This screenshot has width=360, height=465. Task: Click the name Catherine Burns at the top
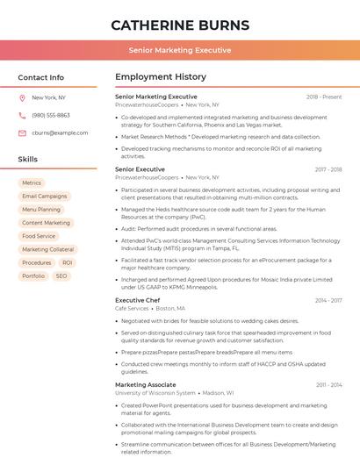tap(180, 25)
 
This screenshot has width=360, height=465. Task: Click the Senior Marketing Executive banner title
tap(180, 50)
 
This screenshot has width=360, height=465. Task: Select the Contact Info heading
tap(41, 77)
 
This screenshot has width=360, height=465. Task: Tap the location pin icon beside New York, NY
tap(22, 98)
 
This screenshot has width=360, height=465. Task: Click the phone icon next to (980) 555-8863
tap(22, 116)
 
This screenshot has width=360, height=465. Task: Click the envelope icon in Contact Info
tap(22, 133)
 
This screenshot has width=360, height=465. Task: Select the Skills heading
tap(28, 160)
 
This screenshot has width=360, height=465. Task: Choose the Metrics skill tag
tap(32, 183)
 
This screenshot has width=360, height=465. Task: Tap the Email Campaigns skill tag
tap(45, 197)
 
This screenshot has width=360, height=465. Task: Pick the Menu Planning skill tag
tap(41, 210)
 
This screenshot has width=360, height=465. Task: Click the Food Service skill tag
tap(39, 236)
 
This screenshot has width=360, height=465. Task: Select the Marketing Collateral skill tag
tap(48, 249)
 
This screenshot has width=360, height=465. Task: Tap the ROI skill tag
tap(68, 262)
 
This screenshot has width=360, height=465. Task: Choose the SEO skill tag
tap(61, 275)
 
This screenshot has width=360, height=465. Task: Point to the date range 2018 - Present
tap(324, 97)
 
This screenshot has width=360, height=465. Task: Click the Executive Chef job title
tap(138, 300)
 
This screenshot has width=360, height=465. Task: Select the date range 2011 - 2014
tap(328, 384)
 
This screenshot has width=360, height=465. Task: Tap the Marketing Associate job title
tap(146, 384)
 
